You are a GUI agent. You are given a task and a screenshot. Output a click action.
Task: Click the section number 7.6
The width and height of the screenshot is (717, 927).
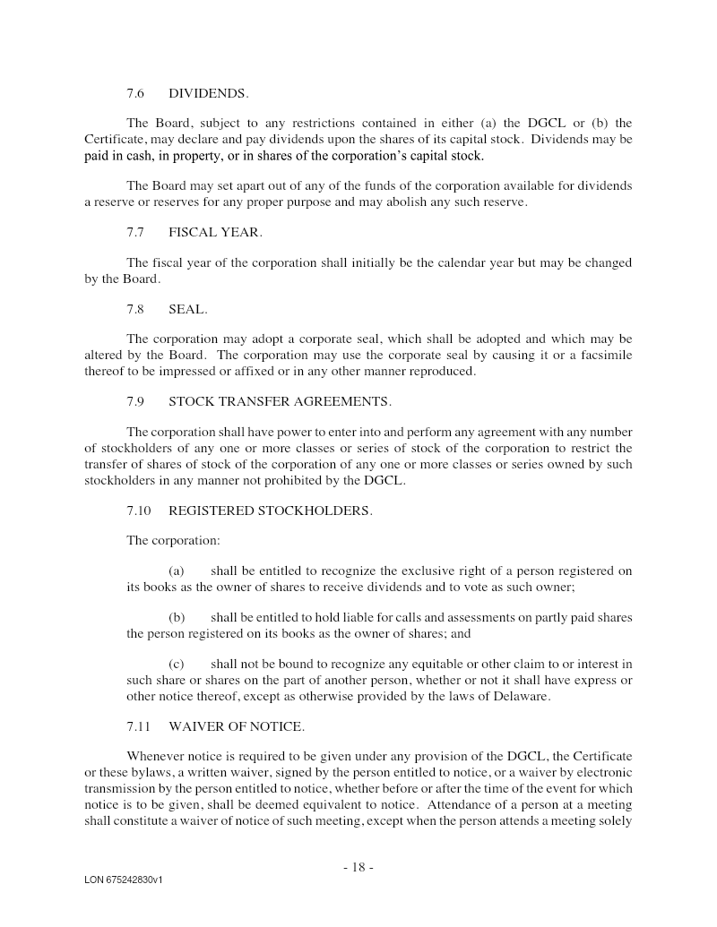[x=135, y=93]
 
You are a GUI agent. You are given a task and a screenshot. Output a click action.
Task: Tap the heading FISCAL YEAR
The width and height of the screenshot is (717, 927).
[x=215, y=232]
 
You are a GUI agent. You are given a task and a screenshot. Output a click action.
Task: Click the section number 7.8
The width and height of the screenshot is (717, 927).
[x=135, y=309]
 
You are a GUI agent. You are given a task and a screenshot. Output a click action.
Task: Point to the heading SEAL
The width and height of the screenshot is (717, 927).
[x=187, y=309]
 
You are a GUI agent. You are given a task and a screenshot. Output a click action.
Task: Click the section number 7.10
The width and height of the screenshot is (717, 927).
[x=139, y=511]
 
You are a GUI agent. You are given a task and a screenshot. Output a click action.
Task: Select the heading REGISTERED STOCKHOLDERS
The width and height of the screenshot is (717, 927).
[x=270, y=511]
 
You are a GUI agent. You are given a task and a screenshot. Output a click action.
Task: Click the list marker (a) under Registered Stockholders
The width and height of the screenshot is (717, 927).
[x=177, y=571]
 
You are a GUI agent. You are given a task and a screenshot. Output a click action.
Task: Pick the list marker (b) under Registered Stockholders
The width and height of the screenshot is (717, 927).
[x=177, y=618]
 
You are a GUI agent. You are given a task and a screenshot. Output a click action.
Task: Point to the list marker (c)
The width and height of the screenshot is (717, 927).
[x=177, y=665]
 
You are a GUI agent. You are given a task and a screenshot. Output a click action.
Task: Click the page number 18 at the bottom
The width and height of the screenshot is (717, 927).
[x=358, y=867]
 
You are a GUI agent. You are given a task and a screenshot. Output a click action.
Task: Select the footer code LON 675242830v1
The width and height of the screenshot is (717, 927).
[x=124, y=880]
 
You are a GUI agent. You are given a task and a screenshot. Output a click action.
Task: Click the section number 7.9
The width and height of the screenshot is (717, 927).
[x=135, y=402]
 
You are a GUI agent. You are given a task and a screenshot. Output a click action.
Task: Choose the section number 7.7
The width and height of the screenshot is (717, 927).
[x=135, y=232]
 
